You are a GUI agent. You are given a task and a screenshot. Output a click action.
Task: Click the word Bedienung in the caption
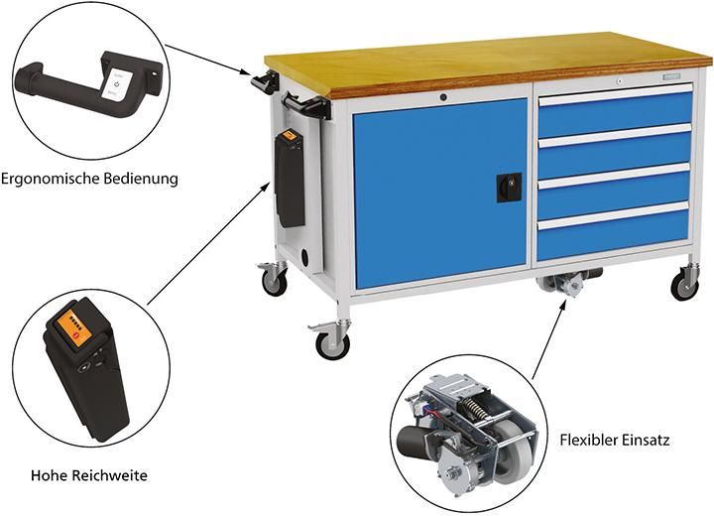[144, 180]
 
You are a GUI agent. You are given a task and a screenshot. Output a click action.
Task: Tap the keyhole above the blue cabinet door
[443, 97]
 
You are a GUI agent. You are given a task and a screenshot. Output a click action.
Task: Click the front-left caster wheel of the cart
[332, 344]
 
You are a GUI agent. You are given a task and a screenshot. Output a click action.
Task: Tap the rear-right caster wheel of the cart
[684, 286]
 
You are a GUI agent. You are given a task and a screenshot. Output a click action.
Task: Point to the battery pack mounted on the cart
[290, 179]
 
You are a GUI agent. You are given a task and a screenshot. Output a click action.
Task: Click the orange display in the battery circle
[78, 328]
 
